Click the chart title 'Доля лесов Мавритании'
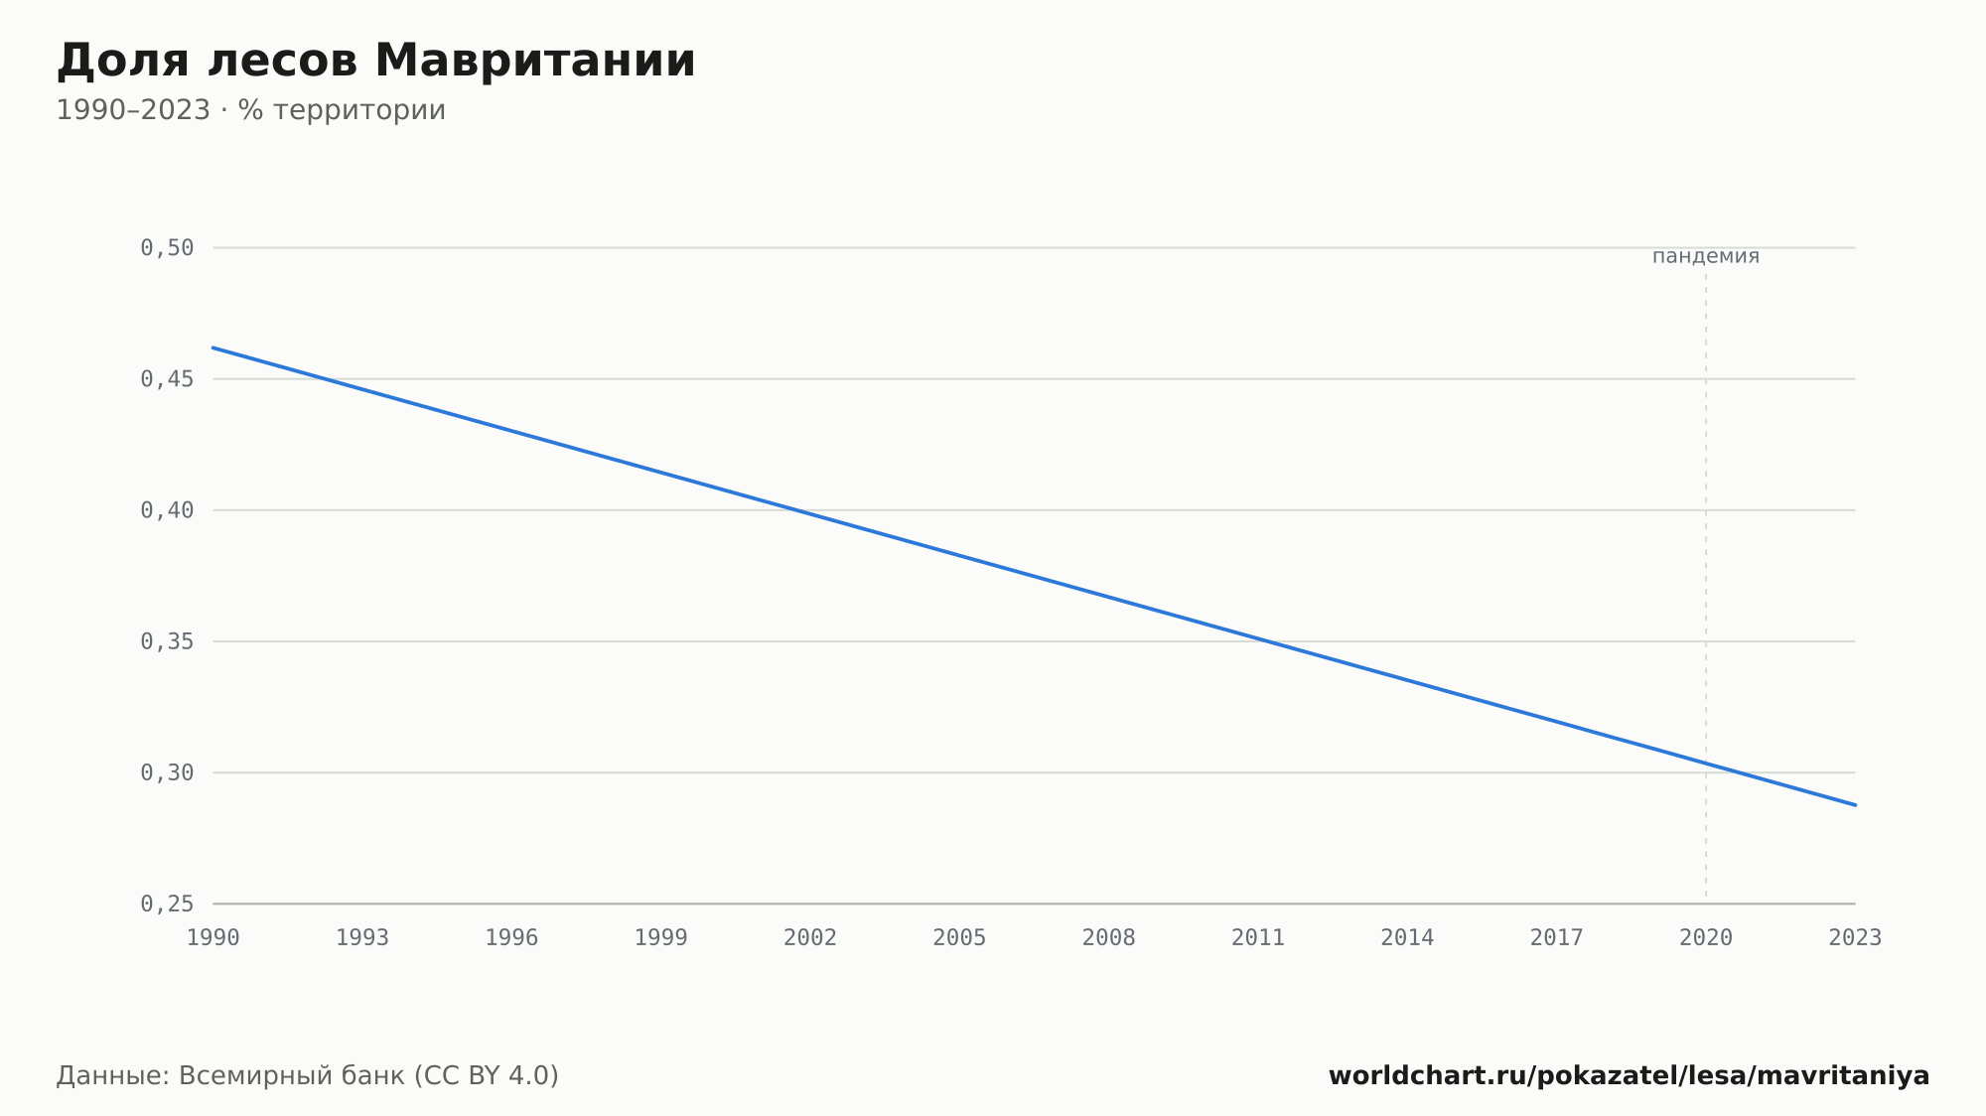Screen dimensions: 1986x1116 click(x=376, y=61)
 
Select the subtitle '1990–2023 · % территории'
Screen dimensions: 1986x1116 click(x=251, y=110)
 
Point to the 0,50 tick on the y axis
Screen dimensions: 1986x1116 click(x=167, y=248)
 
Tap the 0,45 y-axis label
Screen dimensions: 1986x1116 click(x=167, y=379)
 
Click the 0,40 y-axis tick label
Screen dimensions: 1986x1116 click(x=167, y=510)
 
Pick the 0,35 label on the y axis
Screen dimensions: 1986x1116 click(x=167, y=641)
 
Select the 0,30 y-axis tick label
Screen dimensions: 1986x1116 click(x=167, y=772)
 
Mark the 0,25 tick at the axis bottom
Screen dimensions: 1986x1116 click(x=167, y=904)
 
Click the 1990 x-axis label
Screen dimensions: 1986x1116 click(x=213, y=938)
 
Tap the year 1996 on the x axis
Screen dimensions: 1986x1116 click(x=511, y=938)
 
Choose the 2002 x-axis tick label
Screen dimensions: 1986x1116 click(x=810, y=938)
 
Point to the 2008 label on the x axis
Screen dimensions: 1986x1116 click(x=1109, y=938)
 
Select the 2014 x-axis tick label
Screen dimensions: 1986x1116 click(x=1407, y=938)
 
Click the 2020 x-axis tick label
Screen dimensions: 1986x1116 click(x=1706, y=938)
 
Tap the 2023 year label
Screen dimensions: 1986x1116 click(x=1855, y=938)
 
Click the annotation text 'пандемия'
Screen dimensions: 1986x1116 click(x=1706, y=256)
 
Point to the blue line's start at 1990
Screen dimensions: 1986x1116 click(x=213, y=348)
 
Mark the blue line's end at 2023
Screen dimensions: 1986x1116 click(x=1855, y=805)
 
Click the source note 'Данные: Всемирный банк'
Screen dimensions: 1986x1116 click(x=231, y=1076)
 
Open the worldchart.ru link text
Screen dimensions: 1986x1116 click(x=1630, y=1076)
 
